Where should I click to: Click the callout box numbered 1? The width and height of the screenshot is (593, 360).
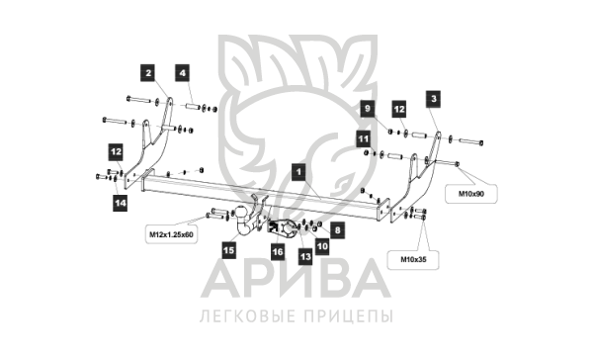[298, 172]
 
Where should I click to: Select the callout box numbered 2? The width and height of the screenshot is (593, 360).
[148, 72]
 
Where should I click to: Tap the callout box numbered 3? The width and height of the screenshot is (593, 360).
[434, 99]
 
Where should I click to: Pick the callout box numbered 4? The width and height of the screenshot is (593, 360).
[182, 72]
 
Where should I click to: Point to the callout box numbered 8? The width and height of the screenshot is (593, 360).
[337, 230]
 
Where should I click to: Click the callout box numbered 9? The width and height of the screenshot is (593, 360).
[367, 109]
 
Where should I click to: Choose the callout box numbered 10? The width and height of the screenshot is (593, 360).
[322, 247]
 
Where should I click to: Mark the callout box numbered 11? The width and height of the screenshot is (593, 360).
[364, 138]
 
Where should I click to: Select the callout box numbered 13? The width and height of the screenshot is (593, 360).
[305, 257]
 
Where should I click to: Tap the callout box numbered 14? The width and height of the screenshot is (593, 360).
[121, 203]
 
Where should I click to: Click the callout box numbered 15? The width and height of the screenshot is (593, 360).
[228, 250]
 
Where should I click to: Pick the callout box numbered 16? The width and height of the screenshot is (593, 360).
[278, 252]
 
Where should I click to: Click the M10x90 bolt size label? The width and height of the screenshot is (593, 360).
[471, 194]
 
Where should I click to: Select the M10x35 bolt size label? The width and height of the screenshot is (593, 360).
[413, 260]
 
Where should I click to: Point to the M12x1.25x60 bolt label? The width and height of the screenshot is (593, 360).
[171, 234]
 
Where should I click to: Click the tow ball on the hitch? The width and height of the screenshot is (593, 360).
[240, 212]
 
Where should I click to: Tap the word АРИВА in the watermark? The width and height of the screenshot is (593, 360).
[296, 279]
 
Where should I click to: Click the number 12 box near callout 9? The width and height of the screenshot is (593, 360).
[398, 109]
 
